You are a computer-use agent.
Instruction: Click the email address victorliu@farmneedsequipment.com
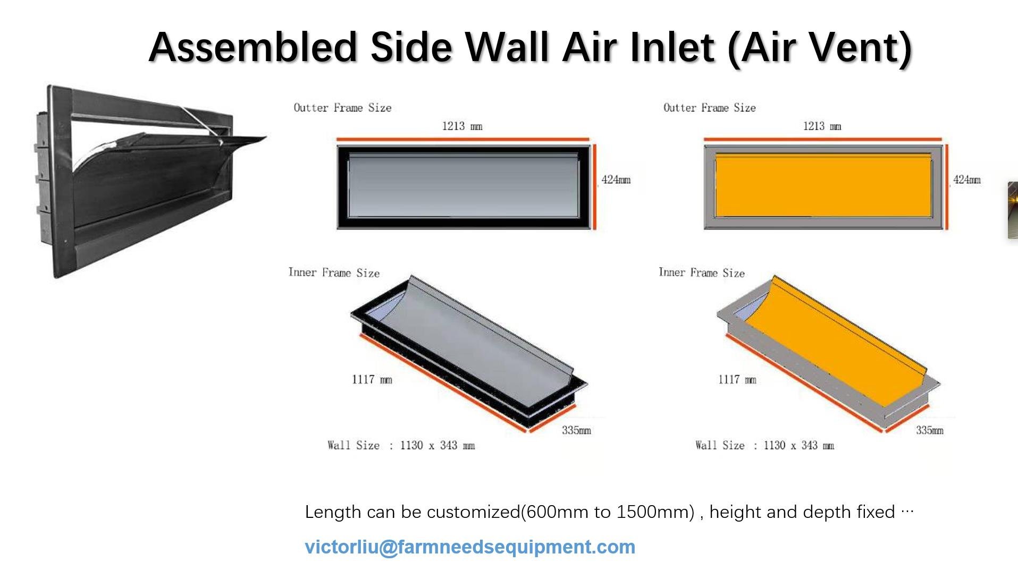click(x=470, y=547)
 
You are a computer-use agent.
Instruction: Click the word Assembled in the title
click(x=253, y=47)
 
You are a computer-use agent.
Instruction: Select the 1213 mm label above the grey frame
click(x=462, y=126)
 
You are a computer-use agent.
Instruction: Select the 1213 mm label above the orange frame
click(x=822, y=126)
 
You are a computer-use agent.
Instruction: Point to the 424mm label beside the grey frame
click(x=616, y=180)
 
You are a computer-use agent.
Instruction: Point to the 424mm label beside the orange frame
click(x=967, y=180)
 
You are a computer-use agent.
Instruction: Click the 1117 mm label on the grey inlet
click(x=372, y=379)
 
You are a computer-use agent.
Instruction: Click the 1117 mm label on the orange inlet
click(x=737, y=379)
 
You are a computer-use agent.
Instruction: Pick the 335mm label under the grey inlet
click(x=576, y=430)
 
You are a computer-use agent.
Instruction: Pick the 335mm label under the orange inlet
click(x=929, y=430)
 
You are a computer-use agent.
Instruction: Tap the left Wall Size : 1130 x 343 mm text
click(x=401, y=445)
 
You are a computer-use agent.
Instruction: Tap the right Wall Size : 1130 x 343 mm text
click(x=764, y=445)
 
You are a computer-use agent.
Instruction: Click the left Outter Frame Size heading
click(x=342, y=108)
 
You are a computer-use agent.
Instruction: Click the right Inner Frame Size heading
click(x=702, y=272)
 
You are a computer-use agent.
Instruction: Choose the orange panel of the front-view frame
click(x=823, y=186)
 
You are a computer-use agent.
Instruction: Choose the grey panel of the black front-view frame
click(x=463, y=186)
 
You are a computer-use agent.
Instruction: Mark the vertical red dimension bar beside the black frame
click(x=594, y=186)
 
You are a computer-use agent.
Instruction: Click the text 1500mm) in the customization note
click(x=655, y=512)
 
